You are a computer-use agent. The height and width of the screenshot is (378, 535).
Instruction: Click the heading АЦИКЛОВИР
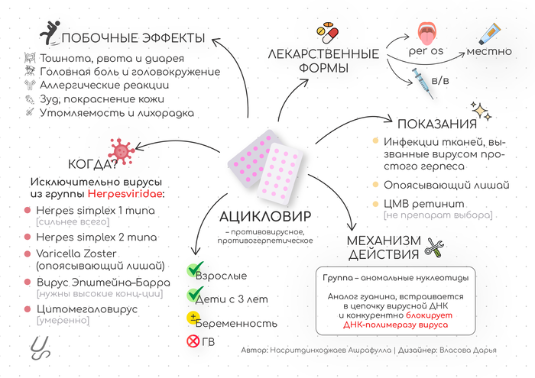coord(265,216)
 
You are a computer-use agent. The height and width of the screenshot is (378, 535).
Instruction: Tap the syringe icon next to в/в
coord(423,83)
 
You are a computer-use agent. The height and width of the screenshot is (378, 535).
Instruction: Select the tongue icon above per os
coord(426,34)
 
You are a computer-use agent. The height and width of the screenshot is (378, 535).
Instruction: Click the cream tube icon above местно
coord(490,34)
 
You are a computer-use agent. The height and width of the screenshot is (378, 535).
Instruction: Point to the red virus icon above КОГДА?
coord(122,151)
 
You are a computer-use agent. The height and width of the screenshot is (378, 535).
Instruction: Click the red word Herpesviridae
coord(125,194)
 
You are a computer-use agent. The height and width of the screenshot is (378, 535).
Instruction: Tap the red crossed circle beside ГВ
coord(193,341)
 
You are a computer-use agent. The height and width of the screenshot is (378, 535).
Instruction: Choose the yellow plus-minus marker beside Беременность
coord(193,318)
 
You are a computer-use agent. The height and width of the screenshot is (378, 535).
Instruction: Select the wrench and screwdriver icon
coord(434,247)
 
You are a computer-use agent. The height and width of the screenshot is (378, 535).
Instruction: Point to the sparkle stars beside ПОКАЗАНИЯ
coord(481,111)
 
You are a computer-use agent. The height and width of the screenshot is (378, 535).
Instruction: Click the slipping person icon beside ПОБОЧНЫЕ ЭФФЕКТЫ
coord(50,33)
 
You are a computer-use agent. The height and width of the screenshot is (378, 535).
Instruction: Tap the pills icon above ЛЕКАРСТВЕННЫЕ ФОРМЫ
coord(327,33)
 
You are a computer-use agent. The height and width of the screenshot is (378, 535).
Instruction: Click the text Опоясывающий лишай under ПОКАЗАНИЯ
coord(446,185)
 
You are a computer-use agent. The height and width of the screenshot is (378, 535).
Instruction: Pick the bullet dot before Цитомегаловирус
coord(28,309)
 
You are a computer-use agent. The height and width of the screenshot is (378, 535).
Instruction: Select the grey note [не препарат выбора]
coord(438,215)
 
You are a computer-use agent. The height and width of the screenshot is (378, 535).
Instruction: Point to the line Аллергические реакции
coord(105,85)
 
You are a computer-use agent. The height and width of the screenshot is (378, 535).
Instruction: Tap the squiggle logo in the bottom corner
coord(40,347)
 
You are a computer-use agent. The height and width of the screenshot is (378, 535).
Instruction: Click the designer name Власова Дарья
coord(468,350)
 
